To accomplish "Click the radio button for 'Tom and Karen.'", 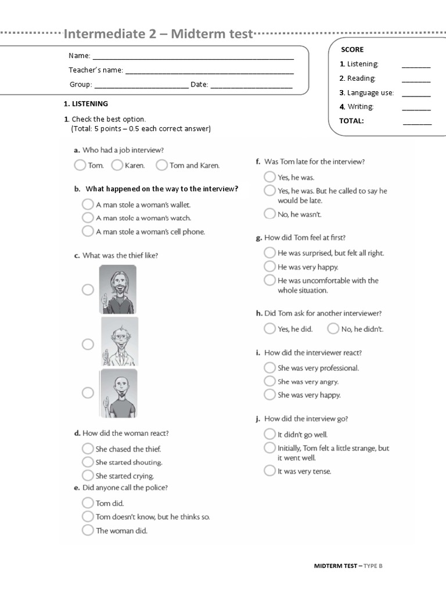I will pos(161,166).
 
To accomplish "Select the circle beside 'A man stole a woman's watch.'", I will pos(88,218).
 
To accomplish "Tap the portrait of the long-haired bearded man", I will pos(118,289).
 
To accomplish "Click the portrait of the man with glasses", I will pos(120,341).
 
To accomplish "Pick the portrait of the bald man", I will pos(118,393).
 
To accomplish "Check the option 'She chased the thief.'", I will pos(88,449).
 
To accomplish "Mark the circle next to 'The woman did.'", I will pos(88,530).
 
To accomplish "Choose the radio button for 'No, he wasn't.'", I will pos(269,214).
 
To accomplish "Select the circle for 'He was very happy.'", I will pos(269,267).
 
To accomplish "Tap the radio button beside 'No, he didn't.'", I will pos(333,329).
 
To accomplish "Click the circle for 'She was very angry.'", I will pos(269,381).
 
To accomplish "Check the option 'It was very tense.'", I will pos(269,471).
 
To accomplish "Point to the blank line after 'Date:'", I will pos(251,85).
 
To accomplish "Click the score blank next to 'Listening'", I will pos(416,65).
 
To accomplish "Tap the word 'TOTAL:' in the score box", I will pos(352,121).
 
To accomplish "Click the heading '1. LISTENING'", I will pos(85,104).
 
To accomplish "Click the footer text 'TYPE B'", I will pos(373,565).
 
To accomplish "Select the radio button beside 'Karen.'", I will pos(117,166).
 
